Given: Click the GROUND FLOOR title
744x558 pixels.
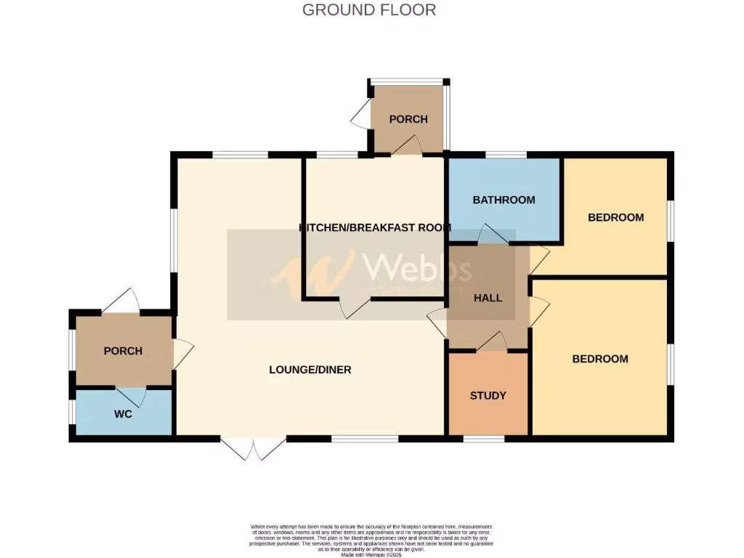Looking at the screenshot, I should (x=369, y=10).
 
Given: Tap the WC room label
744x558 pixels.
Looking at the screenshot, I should (x=123, y=414).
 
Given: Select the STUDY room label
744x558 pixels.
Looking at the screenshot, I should (x=488, y=396).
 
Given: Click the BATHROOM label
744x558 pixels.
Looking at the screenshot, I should (x=504, y=200).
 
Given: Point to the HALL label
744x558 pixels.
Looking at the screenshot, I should (x=488, y=298).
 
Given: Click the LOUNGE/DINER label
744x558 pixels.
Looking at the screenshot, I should (x=310, y=370).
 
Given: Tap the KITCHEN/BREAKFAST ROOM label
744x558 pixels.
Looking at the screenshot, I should (x=375, y=227).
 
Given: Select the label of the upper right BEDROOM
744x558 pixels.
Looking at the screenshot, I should (x=615, y=217).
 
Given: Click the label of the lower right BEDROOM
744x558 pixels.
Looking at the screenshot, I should (x=599, y=359).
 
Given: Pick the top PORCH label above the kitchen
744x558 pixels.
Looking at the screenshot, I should (x=408, y=119).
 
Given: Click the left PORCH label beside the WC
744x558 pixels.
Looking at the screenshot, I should (x=123, y=351).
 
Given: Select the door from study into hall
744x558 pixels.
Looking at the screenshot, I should (x=493, y=341).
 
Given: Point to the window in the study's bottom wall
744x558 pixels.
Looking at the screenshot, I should (x=484, y=439).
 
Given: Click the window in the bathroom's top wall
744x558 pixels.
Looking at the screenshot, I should (x=506, y=154).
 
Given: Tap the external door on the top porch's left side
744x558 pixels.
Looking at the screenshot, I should (x=360, y=116).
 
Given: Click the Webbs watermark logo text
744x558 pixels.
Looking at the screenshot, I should (x=417, y=268).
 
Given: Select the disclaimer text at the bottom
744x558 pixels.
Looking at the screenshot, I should (x=371, y=538).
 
